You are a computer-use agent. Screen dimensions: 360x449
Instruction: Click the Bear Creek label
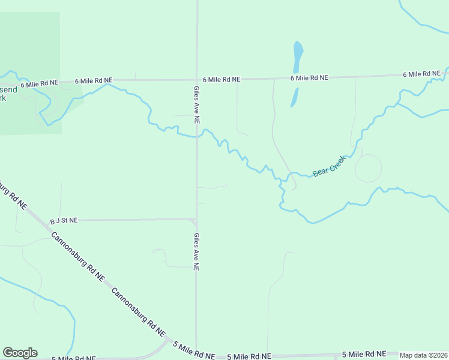(330, 167)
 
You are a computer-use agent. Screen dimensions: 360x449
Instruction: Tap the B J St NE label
(64, 220)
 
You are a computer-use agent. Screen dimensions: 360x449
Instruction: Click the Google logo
(20, 353)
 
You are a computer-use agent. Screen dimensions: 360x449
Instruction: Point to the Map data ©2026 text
(423, 355)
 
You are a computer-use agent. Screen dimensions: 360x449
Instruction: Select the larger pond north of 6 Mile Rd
(298, 58)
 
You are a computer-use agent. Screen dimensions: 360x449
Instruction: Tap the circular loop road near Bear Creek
(368, 168)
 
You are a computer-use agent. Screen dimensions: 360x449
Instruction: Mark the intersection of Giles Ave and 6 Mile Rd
(197, 79)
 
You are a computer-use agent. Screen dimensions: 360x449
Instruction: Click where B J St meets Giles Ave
(196, 220)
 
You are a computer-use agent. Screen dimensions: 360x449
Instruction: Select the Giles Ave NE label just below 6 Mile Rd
(196, 104)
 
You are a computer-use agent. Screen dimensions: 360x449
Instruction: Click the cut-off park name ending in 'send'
(8, 89)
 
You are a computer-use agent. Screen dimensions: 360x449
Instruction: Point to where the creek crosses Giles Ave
(197, 136)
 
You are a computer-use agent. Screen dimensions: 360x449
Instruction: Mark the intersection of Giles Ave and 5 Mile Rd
(196, 355)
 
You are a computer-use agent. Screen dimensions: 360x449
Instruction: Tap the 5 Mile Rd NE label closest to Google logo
(73, 358)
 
